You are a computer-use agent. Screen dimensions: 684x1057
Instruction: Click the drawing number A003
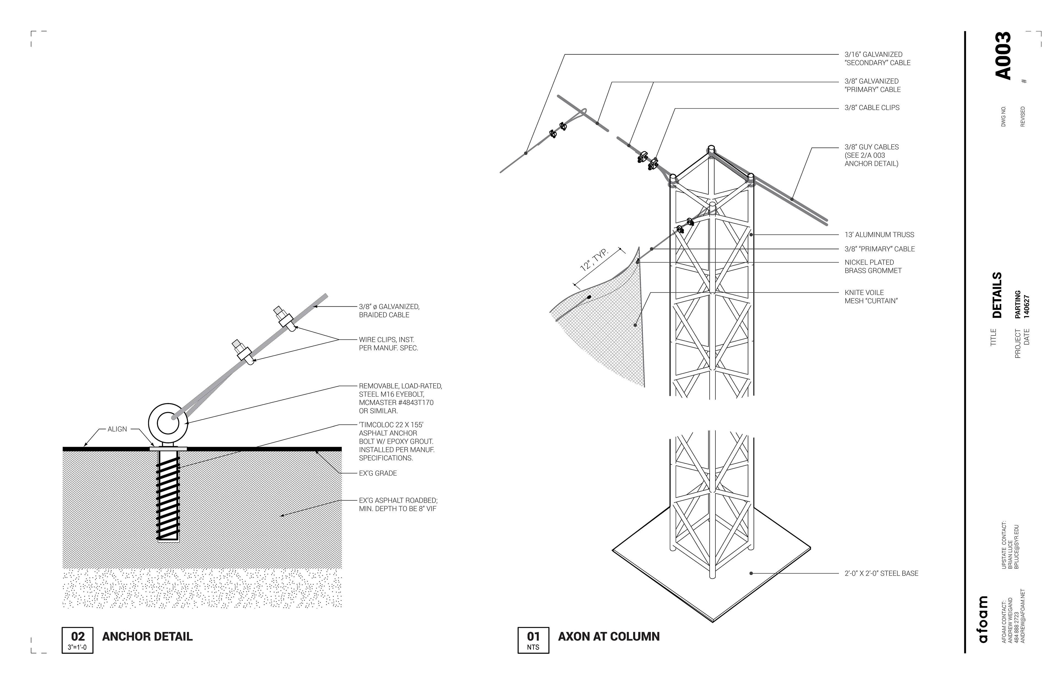click(x=1002, y=56)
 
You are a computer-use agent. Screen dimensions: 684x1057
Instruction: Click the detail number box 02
click(x=77, y=640)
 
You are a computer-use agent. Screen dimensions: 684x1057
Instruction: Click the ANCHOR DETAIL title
click(x=148, y=636)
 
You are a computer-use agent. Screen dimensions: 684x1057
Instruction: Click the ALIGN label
click(x=117, y=429)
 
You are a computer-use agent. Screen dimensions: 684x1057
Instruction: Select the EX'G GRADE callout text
click(x=378, y=473)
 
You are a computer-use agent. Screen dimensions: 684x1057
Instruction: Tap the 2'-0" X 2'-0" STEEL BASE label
click(x=881, y=573)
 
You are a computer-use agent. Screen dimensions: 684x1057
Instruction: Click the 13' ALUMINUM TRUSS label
click(x=879, y=235)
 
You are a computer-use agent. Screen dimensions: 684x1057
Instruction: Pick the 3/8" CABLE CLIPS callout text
click(x=872, y=107)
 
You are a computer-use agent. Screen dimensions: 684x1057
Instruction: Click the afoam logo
click(x=983, y=619)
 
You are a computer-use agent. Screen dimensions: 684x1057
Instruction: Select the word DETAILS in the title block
click(x=997, y=295)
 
